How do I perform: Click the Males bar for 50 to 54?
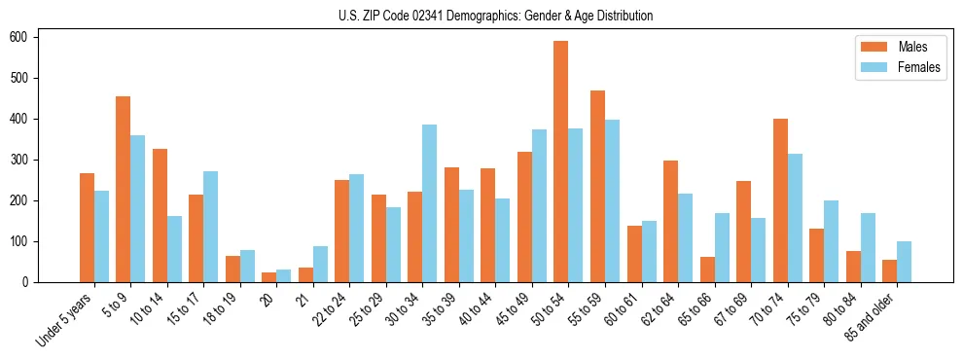point(561,162)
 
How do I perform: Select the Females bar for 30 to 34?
point(430,203)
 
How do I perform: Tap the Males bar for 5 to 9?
point(124,189)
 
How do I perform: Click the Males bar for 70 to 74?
point(780,200)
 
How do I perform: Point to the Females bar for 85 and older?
point(904,262)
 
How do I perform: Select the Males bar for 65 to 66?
point(707,270)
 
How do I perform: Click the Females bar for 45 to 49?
point(539,205)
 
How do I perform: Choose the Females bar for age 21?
point(320,264)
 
